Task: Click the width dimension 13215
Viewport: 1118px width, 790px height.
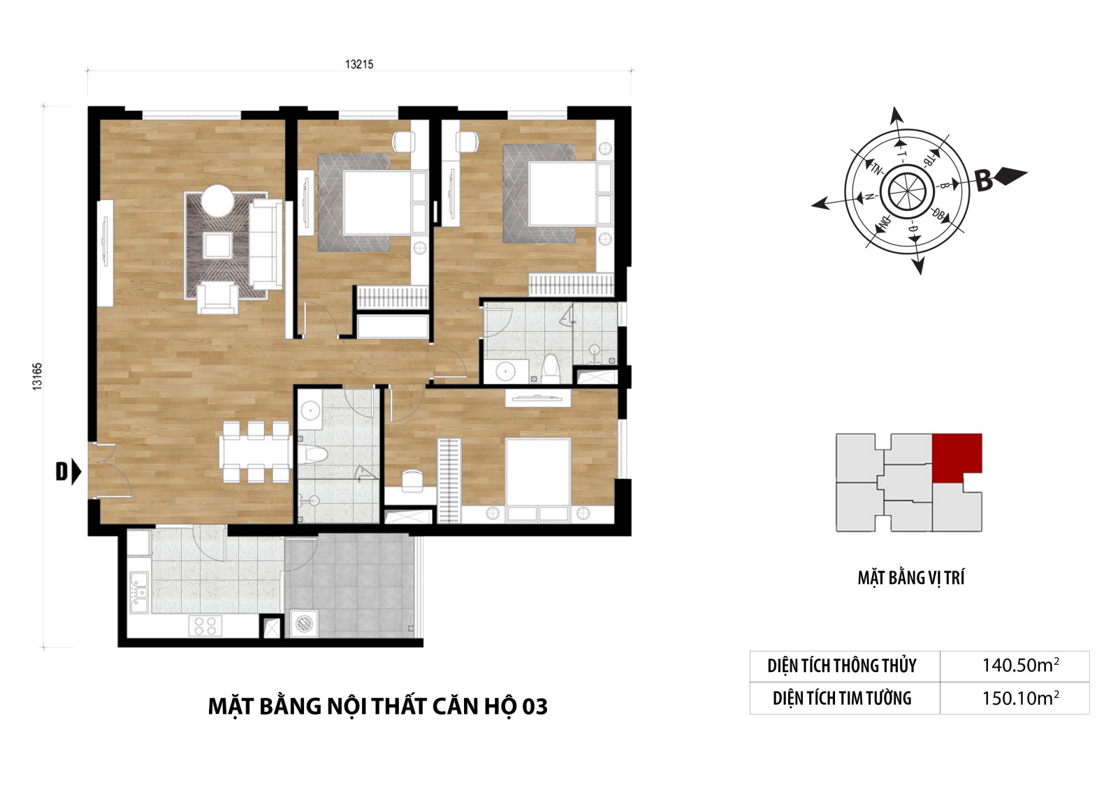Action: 359,64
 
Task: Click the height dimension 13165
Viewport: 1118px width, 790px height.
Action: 38,376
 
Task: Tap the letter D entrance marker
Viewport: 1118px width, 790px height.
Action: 61,471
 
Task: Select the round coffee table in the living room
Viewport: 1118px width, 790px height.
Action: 217,200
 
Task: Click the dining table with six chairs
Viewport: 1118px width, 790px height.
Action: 256,452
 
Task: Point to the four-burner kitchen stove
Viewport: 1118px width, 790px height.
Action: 205,626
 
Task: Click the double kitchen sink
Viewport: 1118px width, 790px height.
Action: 139,592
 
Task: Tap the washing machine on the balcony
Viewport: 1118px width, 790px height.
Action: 304,623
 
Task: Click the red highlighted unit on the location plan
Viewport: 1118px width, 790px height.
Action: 956,456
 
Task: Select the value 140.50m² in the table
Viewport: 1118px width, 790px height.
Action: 1020,665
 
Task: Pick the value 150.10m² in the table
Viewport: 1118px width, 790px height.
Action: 1020,698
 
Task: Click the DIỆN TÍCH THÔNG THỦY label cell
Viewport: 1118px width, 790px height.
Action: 842,666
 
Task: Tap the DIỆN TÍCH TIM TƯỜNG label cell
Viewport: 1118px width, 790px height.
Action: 842,698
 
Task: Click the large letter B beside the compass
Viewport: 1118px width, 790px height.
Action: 984,181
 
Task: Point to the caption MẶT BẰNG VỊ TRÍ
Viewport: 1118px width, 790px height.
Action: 911,578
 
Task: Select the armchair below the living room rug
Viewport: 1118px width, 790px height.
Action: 217,298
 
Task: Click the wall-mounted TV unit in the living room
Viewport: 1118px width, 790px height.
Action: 106,253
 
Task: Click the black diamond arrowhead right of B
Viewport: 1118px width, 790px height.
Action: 1010,176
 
